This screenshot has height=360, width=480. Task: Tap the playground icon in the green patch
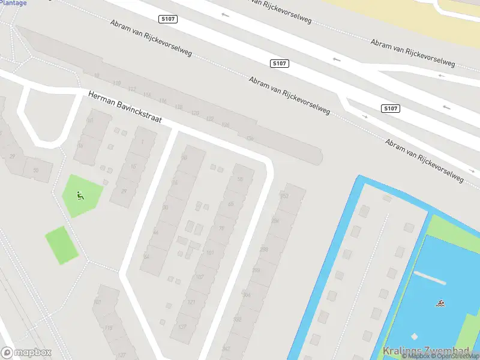[x=80, y=194]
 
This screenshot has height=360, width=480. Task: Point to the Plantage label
[x=14, y=3]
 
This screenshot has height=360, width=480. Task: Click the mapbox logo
[x=26, y=353]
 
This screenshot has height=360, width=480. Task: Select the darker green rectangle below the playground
[x=62, y=245]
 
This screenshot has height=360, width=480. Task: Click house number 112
[x=132, y=90]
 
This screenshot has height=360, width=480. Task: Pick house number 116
[x=163, y=102]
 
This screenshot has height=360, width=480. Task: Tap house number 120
[x=194, y=113]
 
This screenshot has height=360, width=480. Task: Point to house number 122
[x=209, y=119]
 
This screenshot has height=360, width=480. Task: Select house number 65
[x=230, y=205]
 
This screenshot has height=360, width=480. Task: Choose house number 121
[x=192, y=302]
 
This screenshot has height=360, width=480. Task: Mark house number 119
[x=108, y=328]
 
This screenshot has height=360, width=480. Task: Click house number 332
[x=237, y=319]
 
